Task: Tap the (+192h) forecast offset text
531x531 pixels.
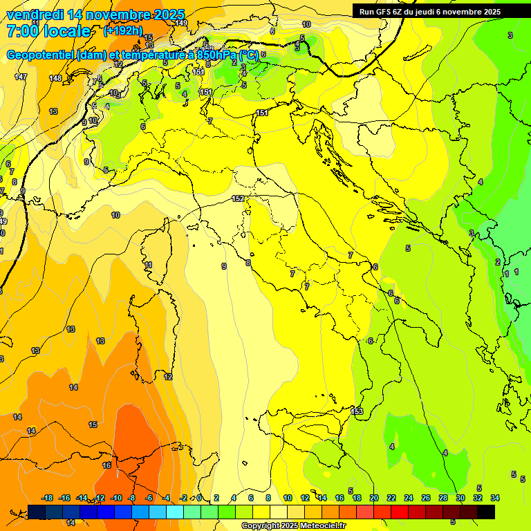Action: [x=123, y=30]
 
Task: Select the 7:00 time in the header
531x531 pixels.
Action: [x=21, y=31]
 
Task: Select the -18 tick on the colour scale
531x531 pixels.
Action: [x=48, y=498]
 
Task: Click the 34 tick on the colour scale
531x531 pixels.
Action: [x=495, y=498]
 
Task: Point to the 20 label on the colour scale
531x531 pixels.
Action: [x=374, y=498]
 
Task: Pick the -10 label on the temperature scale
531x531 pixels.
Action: [x=116, y=498]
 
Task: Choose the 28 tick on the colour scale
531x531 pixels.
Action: [x=443, y=498]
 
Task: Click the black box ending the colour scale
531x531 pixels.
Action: [x=486, y=512]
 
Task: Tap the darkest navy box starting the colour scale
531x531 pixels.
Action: [x=37, y=512]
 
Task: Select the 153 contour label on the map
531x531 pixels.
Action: [x=357, y=411]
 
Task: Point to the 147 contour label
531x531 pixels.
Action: [x=21, y=77]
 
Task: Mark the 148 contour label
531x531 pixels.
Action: [x=55, y=78]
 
